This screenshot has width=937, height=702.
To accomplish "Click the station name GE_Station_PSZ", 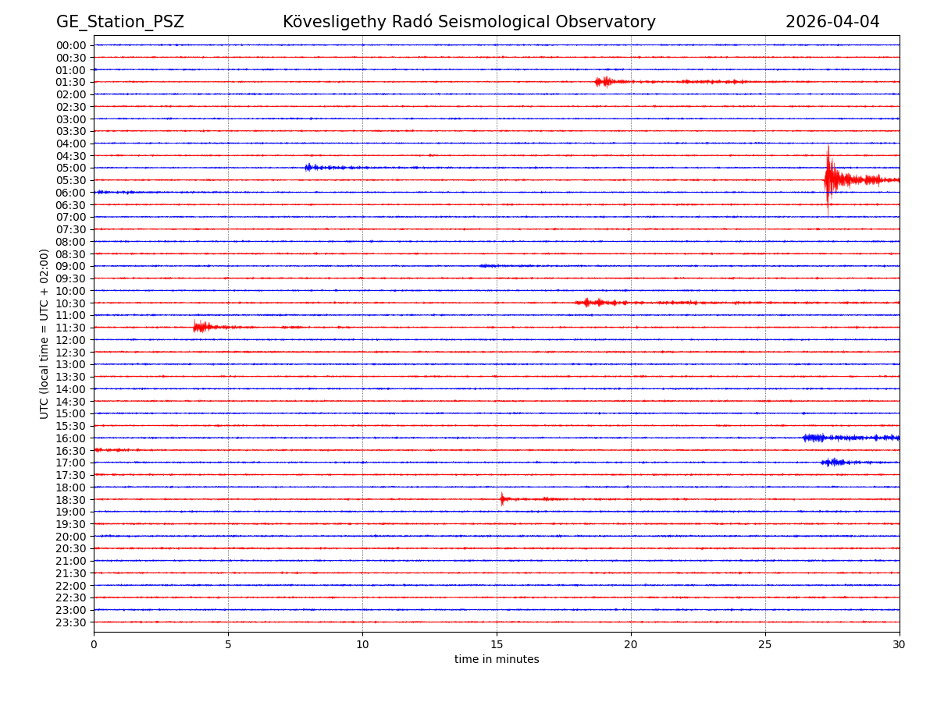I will click(x=119, y=23).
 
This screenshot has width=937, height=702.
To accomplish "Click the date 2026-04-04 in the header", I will click(x=832, y=23).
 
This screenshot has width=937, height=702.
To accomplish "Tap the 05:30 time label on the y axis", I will click(x=71, y=180).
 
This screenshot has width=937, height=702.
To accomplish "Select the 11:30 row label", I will click(x=71, y=328).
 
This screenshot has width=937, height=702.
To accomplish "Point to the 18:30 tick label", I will click(x=71, y=499).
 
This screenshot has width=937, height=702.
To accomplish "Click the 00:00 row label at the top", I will click(x=71, y=45).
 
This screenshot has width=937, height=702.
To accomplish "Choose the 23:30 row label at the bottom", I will click(x=71, y=622).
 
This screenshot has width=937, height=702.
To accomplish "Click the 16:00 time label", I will click(x=71, y=438).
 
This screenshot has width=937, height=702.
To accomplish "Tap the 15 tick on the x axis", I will click(x=497, y=644).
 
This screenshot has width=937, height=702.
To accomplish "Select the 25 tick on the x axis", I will click(x=765, y=644).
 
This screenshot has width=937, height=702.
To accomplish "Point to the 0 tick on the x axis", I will click(x=94, y=644).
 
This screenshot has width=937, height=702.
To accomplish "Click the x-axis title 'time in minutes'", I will click(x=497, y=660).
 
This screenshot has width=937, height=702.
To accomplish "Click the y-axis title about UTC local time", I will click(x=45, y=334).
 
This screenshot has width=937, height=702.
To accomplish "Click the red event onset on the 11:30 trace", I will click(x=197, y=327).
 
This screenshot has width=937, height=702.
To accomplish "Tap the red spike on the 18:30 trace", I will click(x=502, y=498).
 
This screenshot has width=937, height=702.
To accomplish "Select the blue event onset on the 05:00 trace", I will click(x=308, y=167).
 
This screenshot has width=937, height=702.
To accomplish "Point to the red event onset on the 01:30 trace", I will click(x=599, y=81).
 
